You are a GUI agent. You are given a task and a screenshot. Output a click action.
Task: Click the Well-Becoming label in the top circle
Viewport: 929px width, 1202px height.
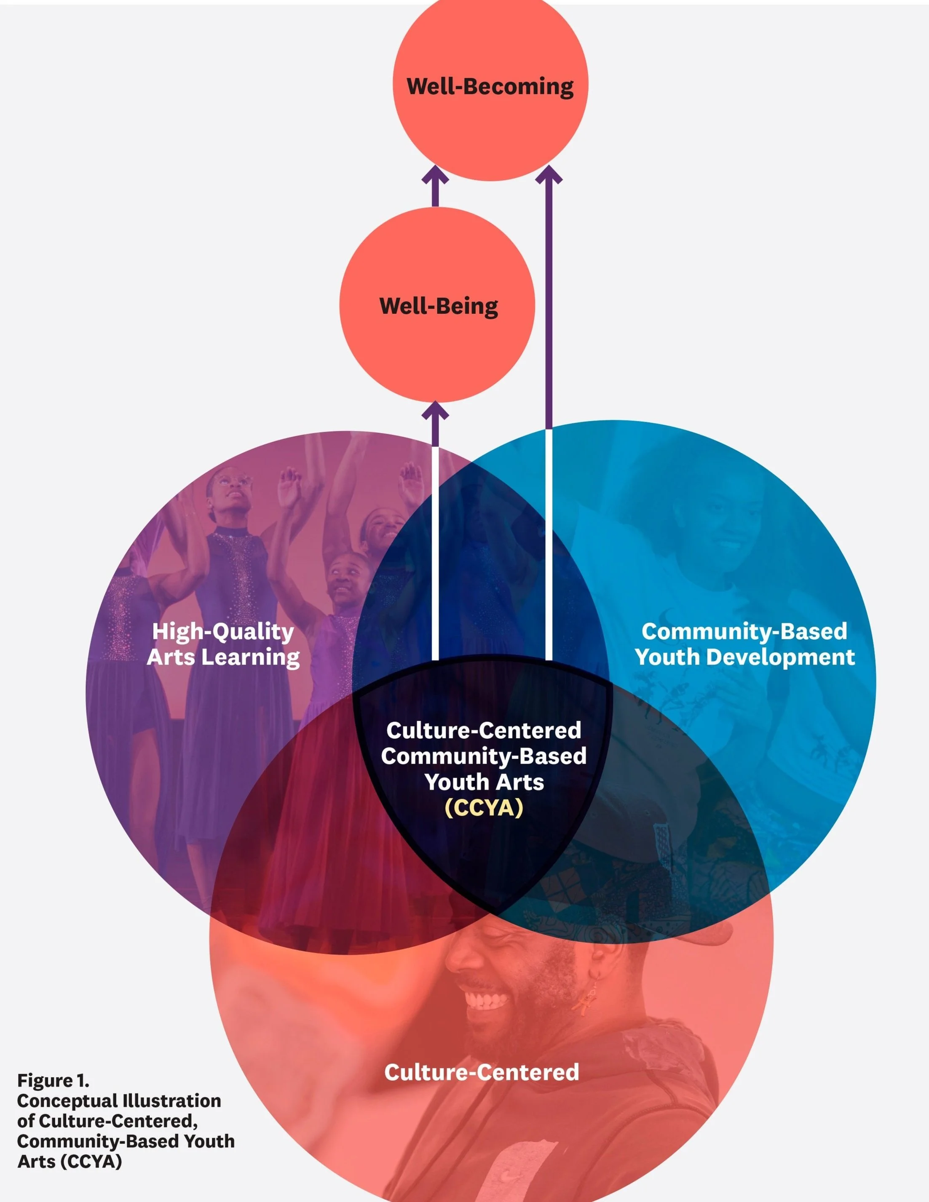coord(490,87)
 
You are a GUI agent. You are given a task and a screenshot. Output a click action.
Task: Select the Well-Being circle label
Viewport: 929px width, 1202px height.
coord(438,306)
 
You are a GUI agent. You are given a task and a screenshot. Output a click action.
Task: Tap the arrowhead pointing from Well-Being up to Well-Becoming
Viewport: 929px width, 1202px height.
coord(435,176)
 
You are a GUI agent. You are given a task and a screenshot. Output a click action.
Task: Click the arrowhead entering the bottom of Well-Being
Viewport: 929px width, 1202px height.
coord(435,411)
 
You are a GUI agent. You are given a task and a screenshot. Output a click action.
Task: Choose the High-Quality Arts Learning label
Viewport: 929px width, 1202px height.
coord(223,644)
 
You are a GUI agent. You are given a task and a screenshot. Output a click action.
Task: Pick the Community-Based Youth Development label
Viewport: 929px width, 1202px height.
coord(744,644)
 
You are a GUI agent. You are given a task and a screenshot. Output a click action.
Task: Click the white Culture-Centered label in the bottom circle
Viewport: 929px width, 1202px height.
coord(481,1072)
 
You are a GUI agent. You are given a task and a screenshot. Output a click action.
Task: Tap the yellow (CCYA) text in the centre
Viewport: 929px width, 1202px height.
coord(484,808)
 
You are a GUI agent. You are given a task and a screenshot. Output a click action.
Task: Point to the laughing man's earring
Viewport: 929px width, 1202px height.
coord(594,994)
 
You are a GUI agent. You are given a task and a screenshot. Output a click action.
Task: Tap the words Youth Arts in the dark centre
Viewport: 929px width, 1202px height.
coord(484,782)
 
